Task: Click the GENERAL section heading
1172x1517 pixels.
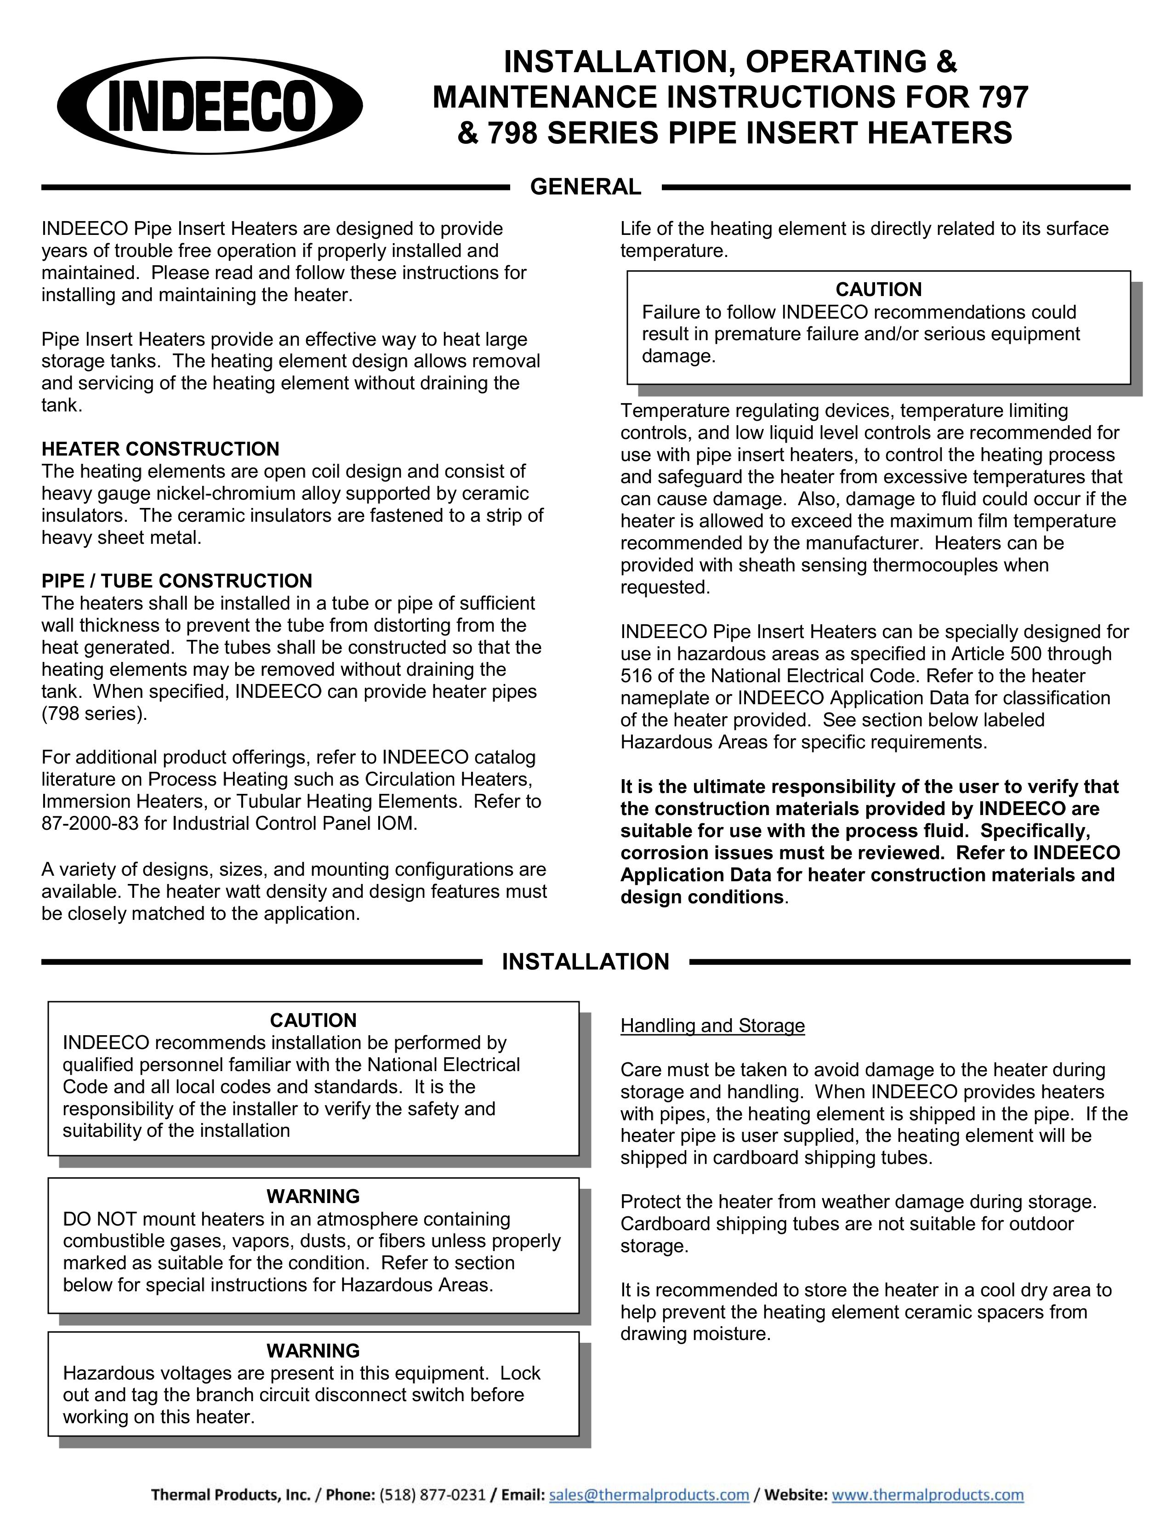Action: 585,187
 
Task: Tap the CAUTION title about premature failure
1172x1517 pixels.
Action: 878,290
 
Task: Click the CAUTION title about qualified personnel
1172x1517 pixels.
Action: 313,1021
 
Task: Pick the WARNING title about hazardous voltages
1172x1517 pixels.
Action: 313,1351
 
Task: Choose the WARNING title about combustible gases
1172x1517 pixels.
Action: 313,1196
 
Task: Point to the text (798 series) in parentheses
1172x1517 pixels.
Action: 94,714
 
